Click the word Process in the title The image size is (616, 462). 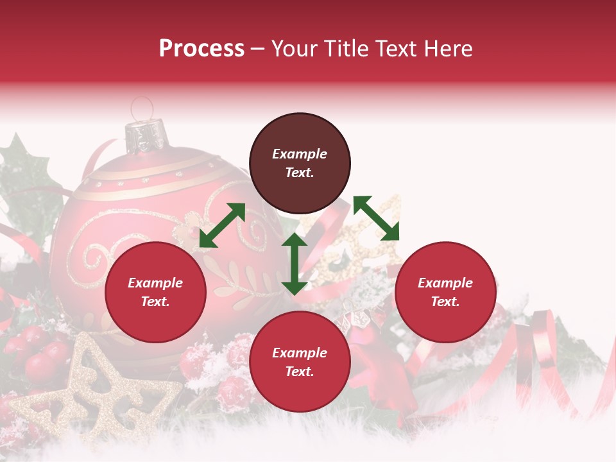(x=201, y=49)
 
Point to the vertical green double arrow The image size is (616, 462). (x=295, y=264)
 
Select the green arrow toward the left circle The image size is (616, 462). (x=222, y=225)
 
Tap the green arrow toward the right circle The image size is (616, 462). (x=376, y=218)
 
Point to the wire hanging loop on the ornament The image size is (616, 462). (x=142, y=107)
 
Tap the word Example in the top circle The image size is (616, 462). (x=300, y=154)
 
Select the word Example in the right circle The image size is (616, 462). (x=445, y=283)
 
